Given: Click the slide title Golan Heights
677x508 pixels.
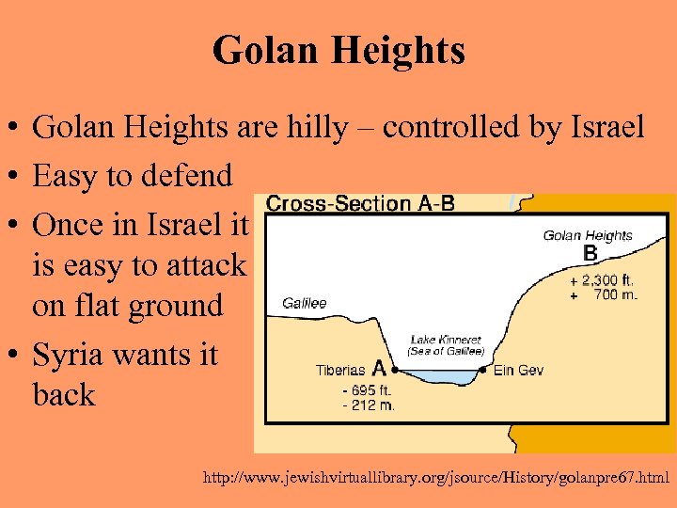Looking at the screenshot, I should [x=338, y=51].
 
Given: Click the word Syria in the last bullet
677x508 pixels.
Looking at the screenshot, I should [x=73, y=355].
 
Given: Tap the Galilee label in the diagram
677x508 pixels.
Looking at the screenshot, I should [x=305, y=303].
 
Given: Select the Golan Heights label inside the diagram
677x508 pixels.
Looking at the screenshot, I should [x=588, y=235].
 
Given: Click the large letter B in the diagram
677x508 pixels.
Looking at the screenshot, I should [x=590, y=253].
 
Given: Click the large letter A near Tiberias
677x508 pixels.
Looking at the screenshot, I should [x=379, y=368].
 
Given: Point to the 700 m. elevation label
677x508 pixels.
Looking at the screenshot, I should [x=616, y=294].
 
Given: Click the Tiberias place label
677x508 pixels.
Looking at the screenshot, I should [x=340, y=371].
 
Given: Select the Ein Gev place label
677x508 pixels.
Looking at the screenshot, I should [x=518, y=371].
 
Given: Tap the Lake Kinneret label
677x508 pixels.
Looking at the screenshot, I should [x=446, y=340].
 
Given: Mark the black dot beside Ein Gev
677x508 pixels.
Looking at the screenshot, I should [x=482, y=371].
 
